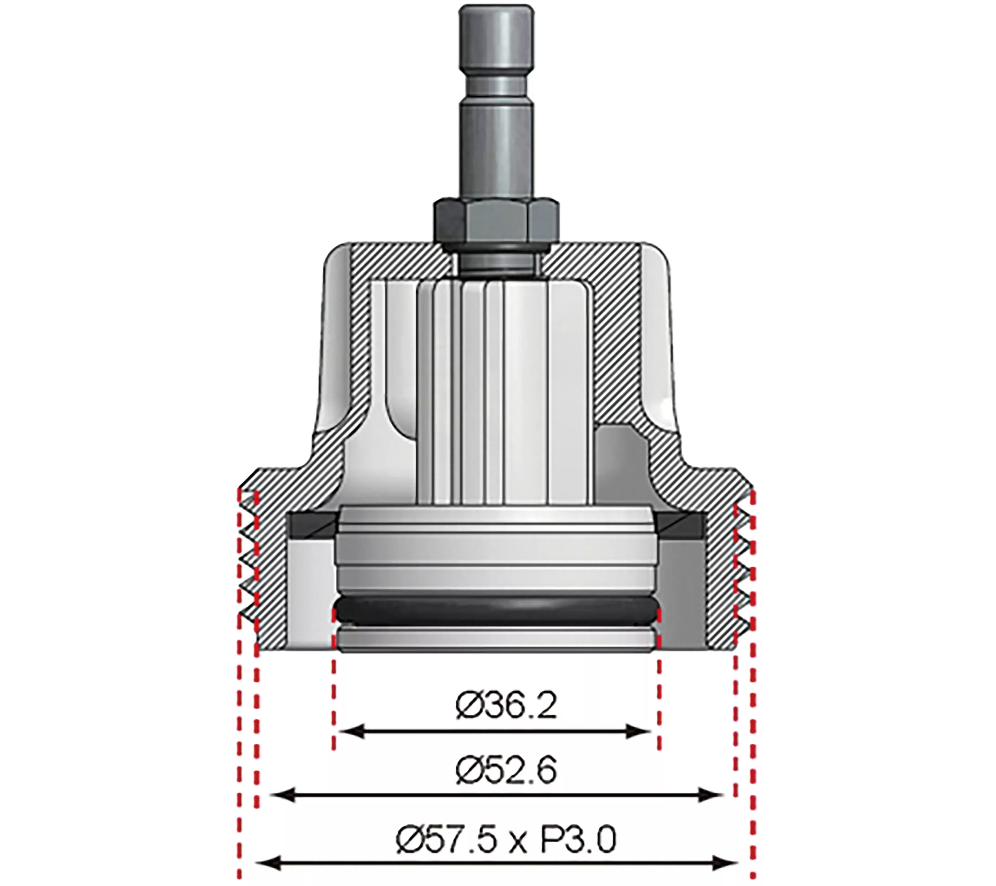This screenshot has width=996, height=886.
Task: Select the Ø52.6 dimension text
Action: (506, 771)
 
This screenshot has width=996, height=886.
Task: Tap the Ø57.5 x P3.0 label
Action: (506, 840)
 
